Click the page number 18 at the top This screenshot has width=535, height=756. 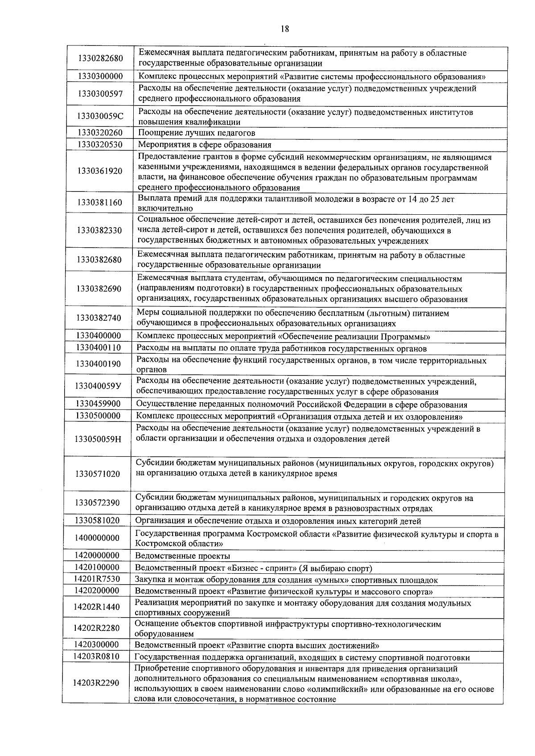[285, 29]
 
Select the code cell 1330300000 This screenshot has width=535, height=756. [100, 76]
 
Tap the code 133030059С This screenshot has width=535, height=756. [100, 116]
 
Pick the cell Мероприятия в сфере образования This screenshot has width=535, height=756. [204, 144]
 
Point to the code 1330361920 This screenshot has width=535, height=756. [99, 171]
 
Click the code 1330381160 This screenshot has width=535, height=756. [99, 203]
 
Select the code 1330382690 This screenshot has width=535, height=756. [99, 289]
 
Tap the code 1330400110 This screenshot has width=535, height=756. [99, 347]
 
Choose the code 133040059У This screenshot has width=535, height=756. [99, 386]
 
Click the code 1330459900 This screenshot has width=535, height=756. [99, 404]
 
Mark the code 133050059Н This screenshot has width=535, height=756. [98, 439]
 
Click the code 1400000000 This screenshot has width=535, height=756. [97, 538]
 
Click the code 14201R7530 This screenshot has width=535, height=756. [97, 579]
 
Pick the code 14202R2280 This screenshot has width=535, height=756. [97, 628]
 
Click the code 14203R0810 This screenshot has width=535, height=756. [97, 657]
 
